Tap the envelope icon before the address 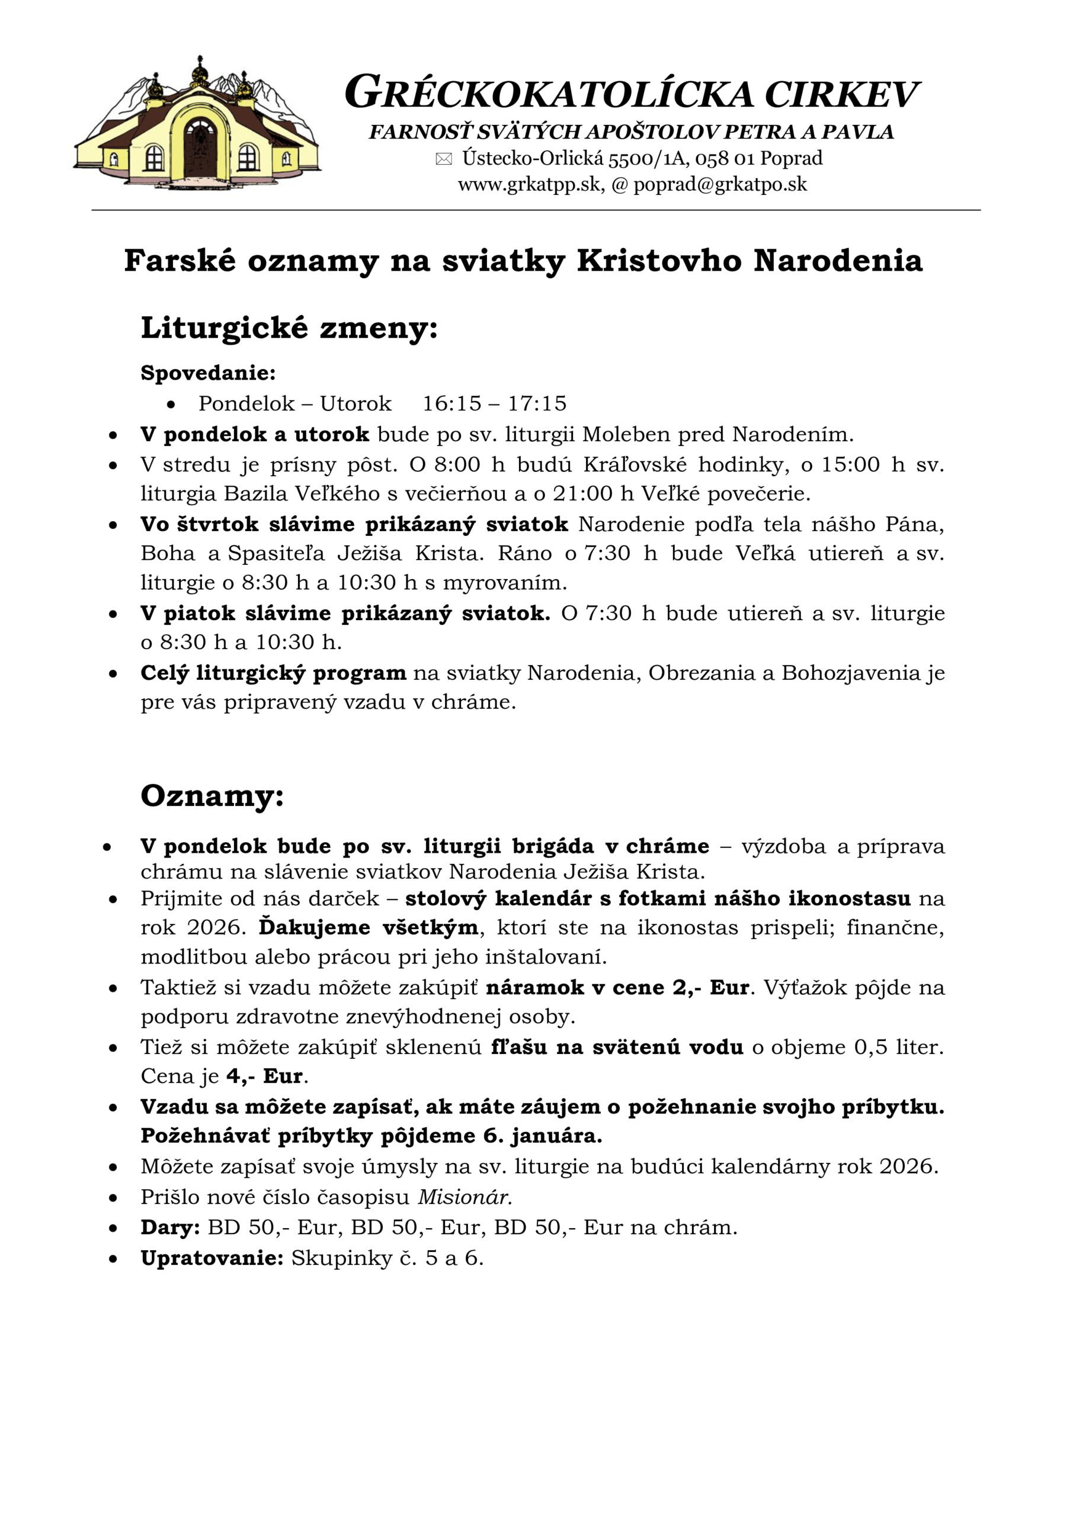pyautogui.click(x=444, y=159)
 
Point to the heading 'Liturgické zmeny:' pyautogui.click(x=289, y=327)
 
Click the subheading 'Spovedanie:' pyautogui.click(x=208, y=373)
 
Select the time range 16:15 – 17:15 pyautogui.click(x=494, y=403)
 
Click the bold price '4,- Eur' pyautogui.click(x=264, y=1076)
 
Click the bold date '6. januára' pyautogui.click(x=543, y=1136)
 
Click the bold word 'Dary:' pyautogui.click(x=170, y=1228)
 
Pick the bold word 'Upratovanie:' pyautogui.click(x=212, y=1258)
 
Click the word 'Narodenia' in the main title pyautogui.click(x=838, y=261)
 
